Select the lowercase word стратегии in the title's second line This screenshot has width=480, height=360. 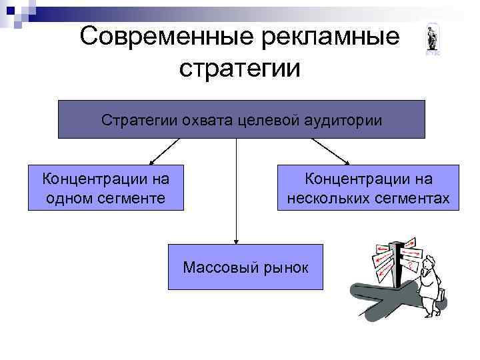coord(240,68)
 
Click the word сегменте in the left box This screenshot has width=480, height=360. coord(129,197)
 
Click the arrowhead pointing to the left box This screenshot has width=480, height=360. coord(151,161)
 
